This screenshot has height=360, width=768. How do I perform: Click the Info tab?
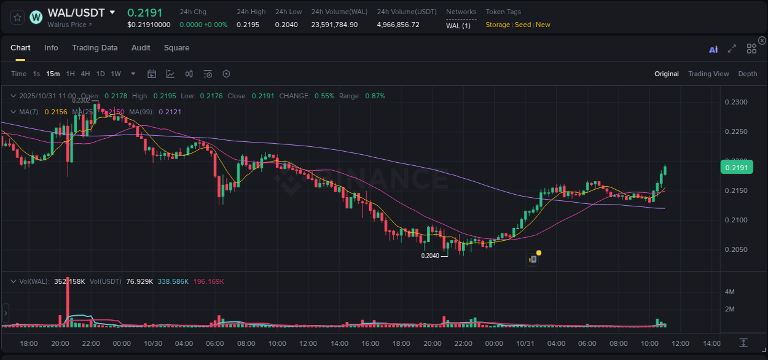coord(51,48)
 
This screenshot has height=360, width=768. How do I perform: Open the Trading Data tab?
coord(95,48)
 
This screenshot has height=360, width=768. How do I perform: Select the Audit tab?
coord(141,48)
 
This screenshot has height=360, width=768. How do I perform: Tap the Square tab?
coord(176,48)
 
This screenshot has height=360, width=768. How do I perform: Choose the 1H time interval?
coord(70,74)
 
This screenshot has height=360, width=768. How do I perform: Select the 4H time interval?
coord(85,74)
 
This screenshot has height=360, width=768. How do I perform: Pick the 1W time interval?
coord(116,74)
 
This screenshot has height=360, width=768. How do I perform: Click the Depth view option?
coord(747,74)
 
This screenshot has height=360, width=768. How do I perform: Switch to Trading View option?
coord(708,74)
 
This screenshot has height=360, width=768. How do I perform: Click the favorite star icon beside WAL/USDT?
coord(17,17)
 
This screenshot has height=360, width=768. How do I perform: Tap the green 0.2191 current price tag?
coord(735,168)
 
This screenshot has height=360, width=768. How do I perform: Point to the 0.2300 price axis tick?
coord(736,102)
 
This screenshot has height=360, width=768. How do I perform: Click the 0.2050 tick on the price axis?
coord(736,249)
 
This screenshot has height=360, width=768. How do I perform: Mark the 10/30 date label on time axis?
coord(153,343)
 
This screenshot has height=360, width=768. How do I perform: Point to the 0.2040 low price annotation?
coord(430,256)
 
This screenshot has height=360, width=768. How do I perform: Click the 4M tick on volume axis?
coord(730,292)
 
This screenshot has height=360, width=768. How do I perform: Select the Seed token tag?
coord(522,25)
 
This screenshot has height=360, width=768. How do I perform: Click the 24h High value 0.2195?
coord(248,25)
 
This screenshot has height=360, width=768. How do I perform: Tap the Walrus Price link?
coord(69,25)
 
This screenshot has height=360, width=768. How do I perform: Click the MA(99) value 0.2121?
coord(170,112)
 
